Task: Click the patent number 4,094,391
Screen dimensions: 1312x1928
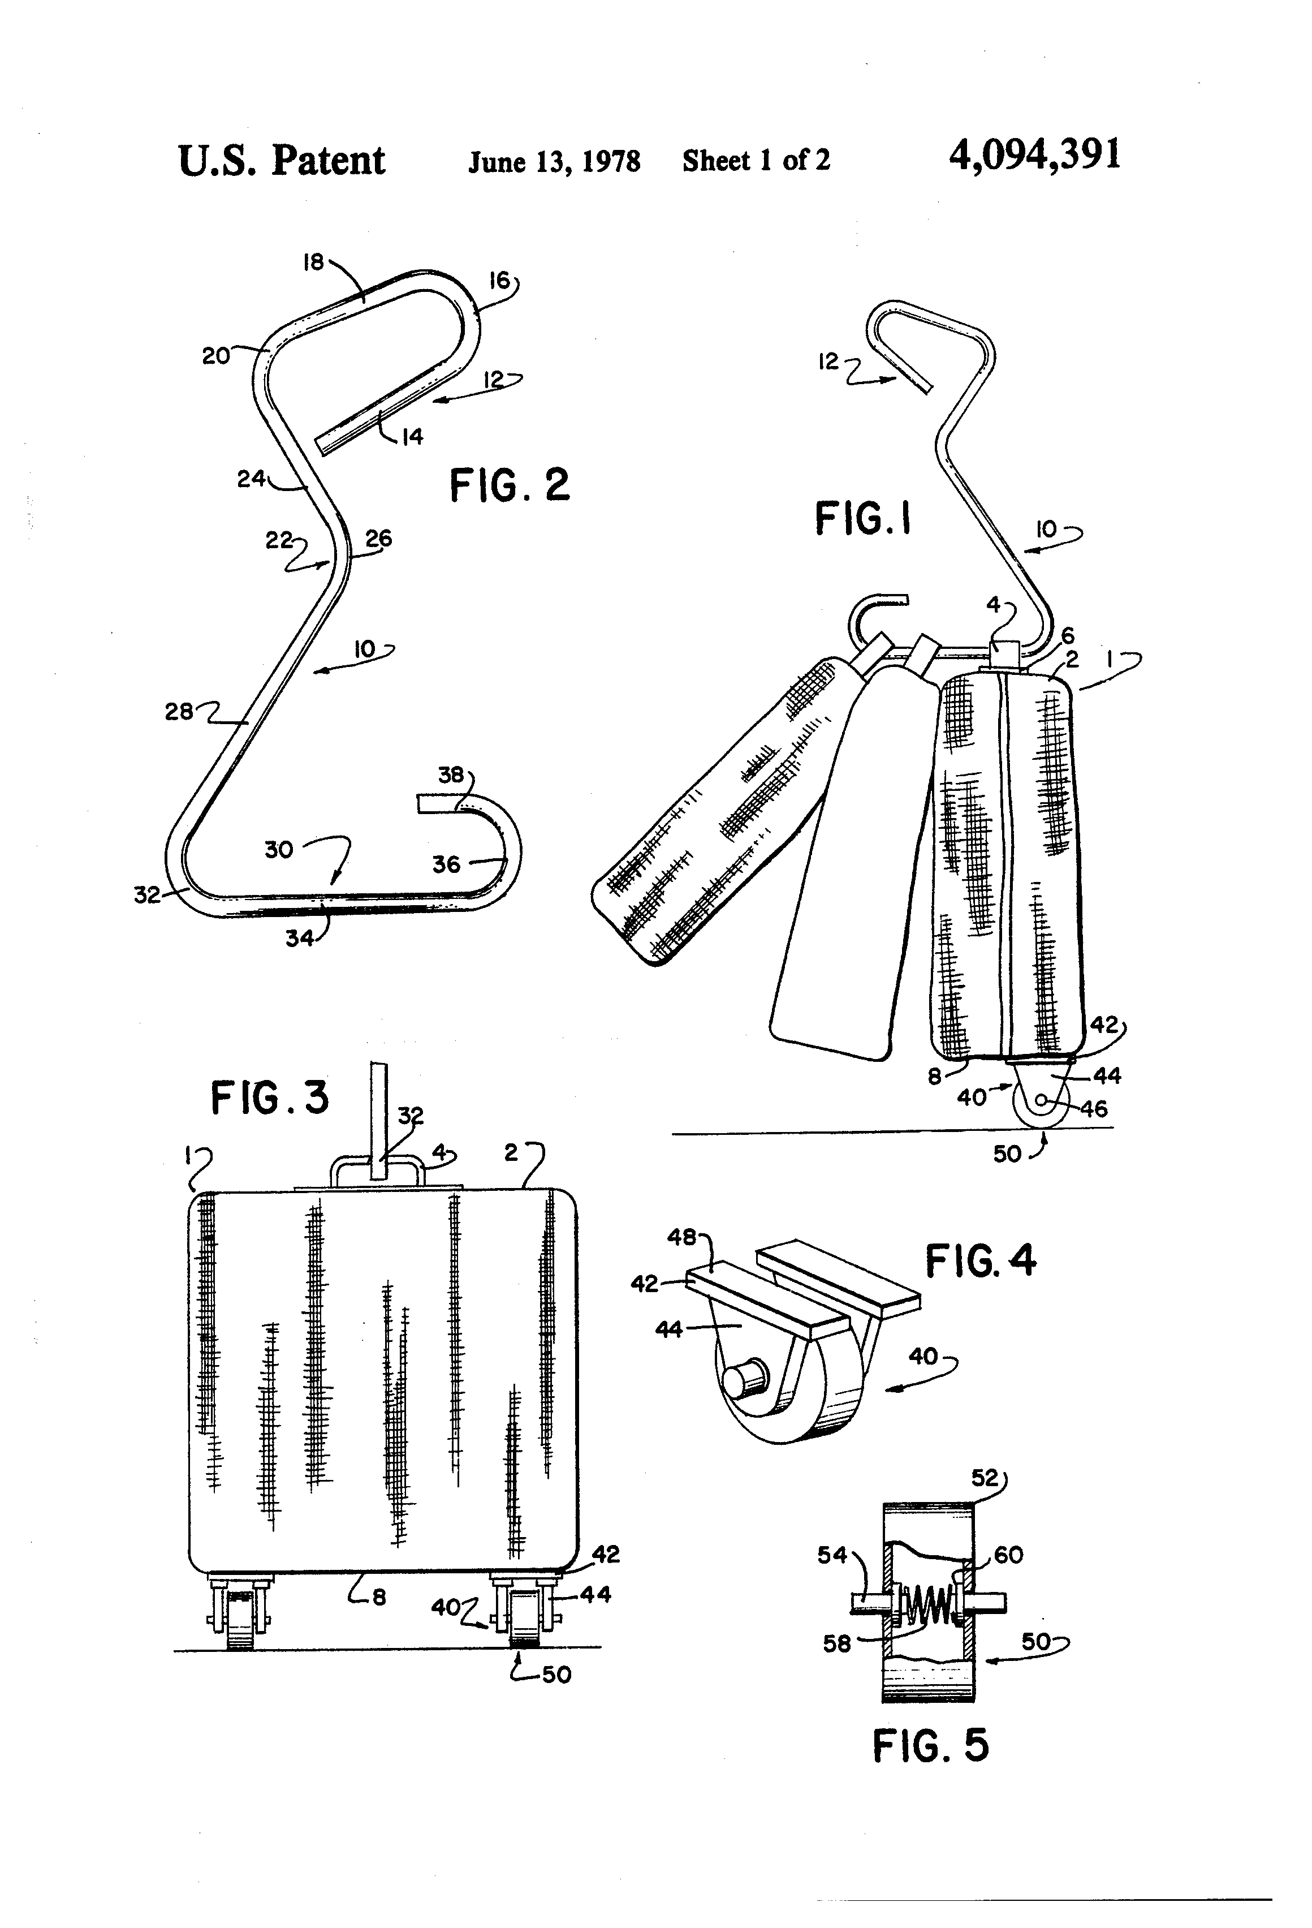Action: [x=1034, y=155]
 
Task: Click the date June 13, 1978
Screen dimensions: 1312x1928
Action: [x=554, y=161]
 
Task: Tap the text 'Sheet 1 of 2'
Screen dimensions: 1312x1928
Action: [x=756, y=160]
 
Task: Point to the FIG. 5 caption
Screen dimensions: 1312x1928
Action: [x=930, y=1745]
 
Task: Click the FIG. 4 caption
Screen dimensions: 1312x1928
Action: [x=980, y=1261]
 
